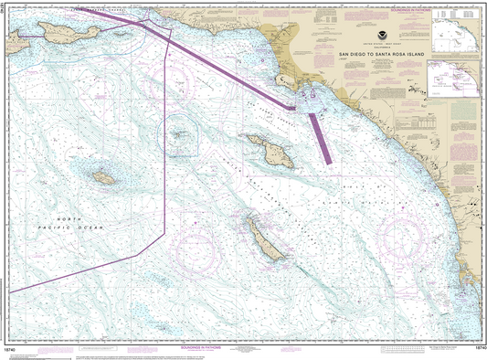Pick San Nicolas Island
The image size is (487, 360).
coord(103,178)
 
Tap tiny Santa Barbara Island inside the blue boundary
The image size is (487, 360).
coord(180,134)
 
